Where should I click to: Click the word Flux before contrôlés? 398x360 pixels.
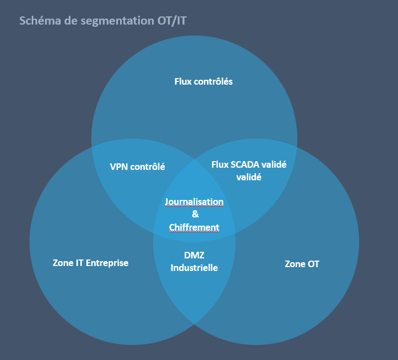point(183,81)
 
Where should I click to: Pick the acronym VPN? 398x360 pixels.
point(119,167)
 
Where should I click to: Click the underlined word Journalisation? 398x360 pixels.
point(194,202)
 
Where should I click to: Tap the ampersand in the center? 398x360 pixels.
point(195,214)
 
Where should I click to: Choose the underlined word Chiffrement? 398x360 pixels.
point(194,227)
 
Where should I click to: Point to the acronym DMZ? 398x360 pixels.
point(194,255)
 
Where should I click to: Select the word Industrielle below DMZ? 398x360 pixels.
point(194,268)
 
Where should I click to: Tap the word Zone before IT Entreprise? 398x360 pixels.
point(63,263)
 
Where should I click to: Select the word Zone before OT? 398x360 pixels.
point(295,264)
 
